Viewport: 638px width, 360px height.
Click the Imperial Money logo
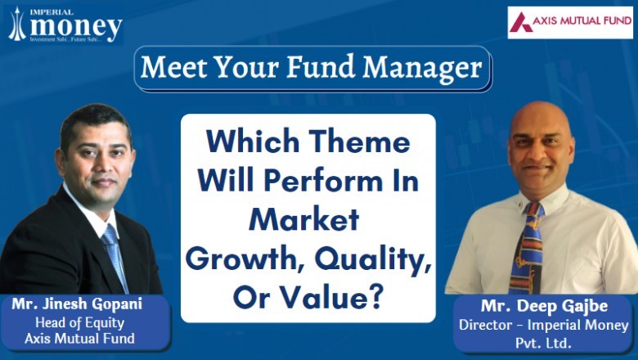pos(65,25)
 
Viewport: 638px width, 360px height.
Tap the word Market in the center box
pos(306,219)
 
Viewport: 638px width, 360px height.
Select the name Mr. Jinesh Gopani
pos(82,304)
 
